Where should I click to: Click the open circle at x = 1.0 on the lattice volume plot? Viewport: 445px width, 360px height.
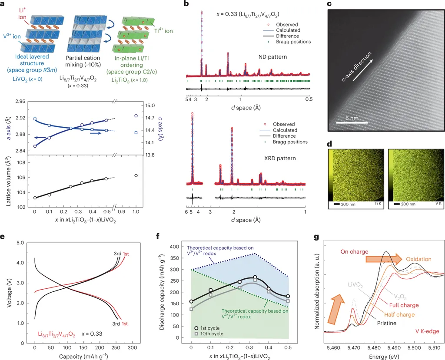click(136, 175)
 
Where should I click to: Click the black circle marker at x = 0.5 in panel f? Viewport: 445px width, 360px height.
click(288, 296)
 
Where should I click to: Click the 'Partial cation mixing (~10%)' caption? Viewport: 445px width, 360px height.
click(83, 61)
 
